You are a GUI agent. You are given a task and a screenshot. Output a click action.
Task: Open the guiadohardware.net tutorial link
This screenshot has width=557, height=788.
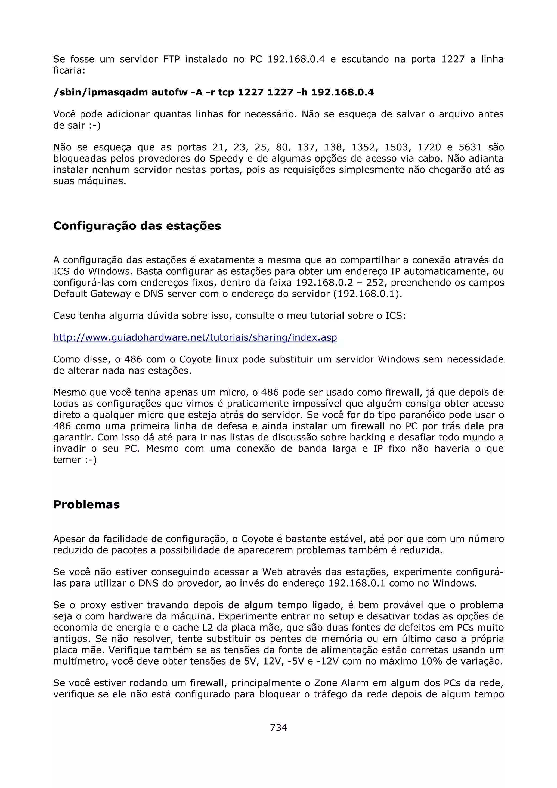tap(195, 337)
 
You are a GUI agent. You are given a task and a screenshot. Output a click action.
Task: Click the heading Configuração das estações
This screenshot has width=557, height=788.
tap(137, 226)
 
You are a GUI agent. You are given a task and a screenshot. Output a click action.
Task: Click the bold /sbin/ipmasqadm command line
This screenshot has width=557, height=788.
tap(213, 92)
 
